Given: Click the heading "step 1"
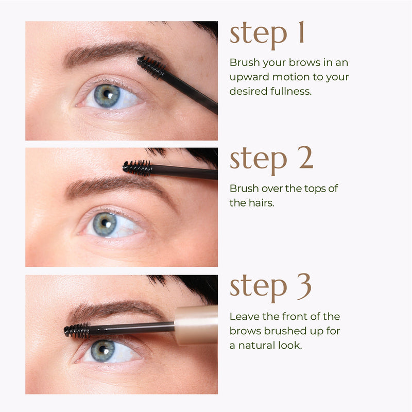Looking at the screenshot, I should point(267,34).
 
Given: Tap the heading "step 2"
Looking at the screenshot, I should point(271,160).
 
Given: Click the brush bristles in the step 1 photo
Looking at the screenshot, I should point(151,66).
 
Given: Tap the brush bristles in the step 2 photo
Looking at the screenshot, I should point(138,167).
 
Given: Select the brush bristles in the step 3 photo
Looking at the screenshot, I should point(77,330).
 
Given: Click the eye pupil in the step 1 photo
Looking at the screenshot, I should point(107,94).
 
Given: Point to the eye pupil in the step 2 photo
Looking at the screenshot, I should point(106,223).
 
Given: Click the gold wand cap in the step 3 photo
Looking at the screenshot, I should point(196,324).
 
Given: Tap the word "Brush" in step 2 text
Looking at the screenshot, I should point(243,188).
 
